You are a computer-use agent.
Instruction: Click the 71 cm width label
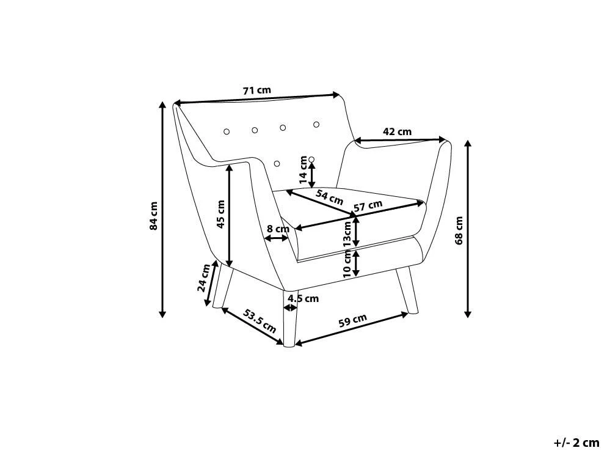click(x=257, y=90)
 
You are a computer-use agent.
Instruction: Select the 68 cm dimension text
click(x=459, y=230)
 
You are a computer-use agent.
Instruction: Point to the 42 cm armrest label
click(x=397, y=131)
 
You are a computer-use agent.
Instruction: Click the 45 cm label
click(x=220, y=214)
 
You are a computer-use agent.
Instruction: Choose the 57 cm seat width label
click(x=368, y=206)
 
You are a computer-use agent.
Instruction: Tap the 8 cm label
click(x=278, y=229)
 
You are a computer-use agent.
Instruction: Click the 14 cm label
click(x=303, y=170)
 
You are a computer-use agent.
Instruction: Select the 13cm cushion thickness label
click(x=347, y=234)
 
